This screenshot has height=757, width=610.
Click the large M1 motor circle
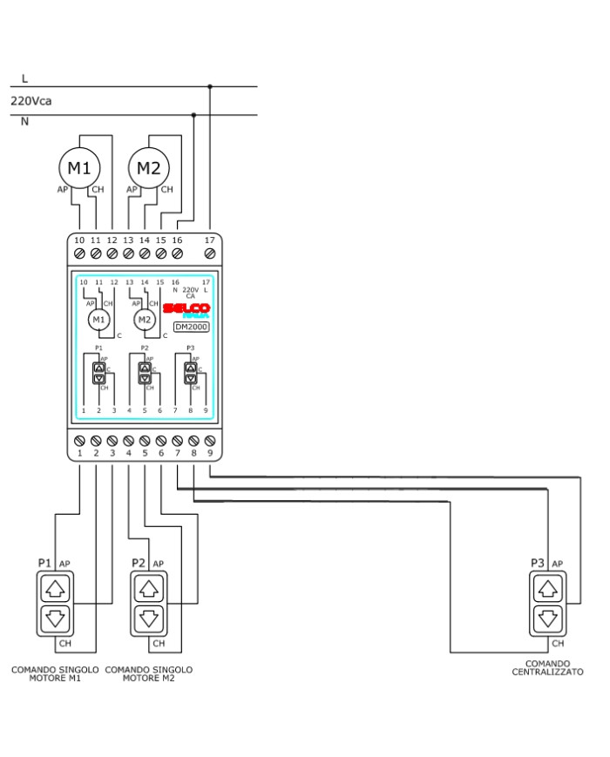pos(80,167)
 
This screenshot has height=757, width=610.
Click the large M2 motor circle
pos(149,167)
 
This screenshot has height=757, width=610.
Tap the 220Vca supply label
pos(31,101)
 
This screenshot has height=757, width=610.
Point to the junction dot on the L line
pos(210,86)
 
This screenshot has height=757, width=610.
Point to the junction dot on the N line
pos(193,114)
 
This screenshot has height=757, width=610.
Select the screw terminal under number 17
pos(209,253)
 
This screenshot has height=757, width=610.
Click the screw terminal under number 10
pos(79,253)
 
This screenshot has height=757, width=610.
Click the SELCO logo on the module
pos(186,309)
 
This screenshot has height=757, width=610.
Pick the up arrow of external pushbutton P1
pos(56,588)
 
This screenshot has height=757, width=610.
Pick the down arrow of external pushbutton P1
pos(56,619)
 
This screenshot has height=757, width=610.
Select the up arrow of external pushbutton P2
pos(150,588)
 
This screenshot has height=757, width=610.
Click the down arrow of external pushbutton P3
pos(547,619)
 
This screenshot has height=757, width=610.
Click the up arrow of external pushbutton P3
pos(547,588)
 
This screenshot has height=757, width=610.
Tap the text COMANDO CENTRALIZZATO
pos(547,668)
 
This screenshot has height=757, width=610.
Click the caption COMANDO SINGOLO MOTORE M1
pos(54,674)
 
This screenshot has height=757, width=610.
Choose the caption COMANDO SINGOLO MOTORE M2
pos(148,674)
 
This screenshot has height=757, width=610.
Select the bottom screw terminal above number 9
pos(210,441)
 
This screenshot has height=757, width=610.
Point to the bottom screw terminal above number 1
pos(80,441)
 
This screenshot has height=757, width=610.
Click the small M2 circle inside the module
pos(144,320)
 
